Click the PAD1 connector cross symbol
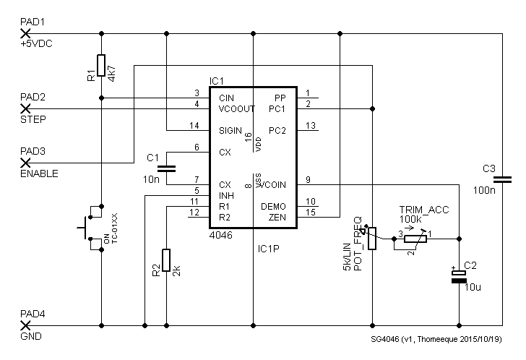click(25, 33)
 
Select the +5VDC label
click(36, 44)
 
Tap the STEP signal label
click(33, 120)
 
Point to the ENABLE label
click(39, 174)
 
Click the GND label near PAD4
click(31, 337)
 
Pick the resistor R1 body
click(101, 65)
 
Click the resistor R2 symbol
click(166, 260)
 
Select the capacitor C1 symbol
click(166, 168)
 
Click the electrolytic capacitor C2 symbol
click(459, 277)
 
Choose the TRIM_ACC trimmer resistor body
click(415, 236)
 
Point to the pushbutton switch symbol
click(88, 228)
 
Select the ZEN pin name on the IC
click(277, 217)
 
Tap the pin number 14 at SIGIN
click(194, 126)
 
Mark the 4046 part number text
click(221, 236)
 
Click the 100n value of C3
click(485, 192)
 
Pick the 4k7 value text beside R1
click(112, 70)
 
